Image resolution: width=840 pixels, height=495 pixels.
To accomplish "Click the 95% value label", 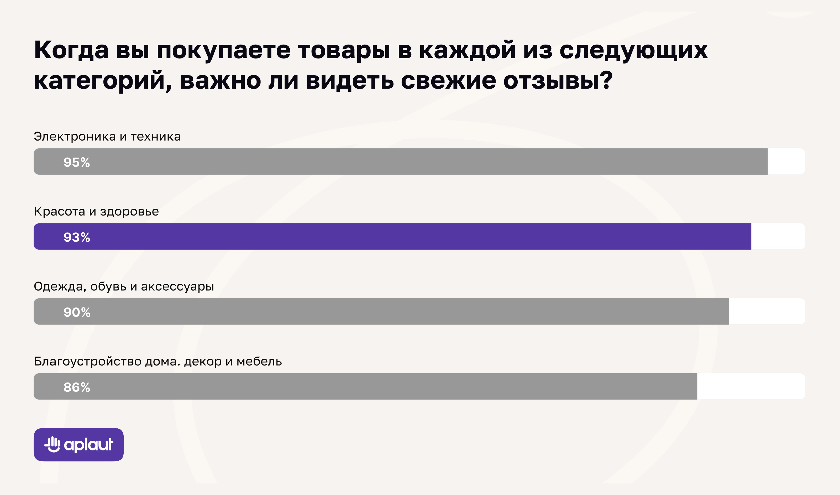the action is click(x=77, y=163).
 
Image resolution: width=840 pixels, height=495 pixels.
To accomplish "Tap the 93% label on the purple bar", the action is click(x=77, y=238).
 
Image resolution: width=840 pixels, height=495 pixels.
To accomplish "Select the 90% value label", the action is click(x=77, y=313).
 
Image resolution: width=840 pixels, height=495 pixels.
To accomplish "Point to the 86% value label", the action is click(x=77, y=388).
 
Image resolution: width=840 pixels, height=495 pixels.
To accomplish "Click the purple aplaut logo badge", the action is click(x=79, y=445).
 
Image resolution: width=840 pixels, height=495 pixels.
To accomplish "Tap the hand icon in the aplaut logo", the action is click(x=52, y=444).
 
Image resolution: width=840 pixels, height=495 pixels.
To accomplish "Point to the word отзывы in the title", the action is click(x=558, y=81).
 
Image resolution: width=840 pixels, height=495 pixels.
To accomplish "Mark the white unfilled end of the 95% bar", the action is click(x=786, y=162).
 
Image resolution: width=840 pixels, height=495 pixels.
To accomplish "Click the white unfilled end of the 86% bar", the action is click(x=751, y=386).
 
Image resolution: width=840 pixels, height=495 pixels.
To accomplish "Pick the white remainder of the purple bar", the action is click(x=778, y=236).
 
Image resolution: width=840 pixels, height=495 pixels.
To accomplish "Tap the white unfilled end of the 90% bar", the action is click(x=767, y=311).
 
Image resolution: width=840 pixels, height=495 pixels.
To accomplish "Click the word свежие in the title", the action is click(x=448, y=81).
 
